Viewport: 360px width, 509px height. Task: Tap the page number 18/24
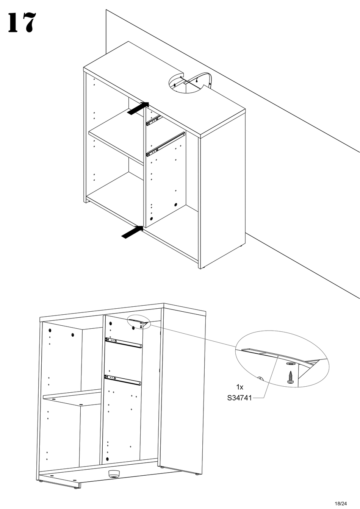point(340,503)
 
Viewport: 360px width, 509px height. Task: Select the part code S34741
point(240,398)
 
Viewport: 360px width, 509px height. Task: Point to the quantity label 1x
point(239,387)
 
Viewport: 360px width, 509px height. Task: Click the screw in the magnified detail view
point(291,378)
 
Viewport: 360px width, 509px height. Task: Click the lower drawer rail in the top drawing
point(166,144)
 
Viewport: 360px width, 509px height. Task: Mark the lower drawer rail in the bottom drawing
point(124,379)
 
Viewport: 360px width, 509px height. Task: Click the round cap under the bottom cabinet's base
point(113,473)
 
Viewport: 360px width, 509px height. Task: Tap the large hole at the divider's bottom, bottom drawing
point(108,459)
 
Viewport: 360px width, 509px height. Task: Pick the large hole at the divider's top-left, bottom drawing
point(110,324)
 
